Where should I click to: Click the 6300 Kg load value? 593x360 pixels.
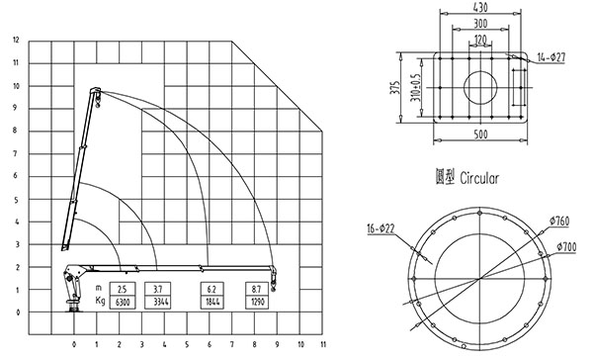(x=123, y=302)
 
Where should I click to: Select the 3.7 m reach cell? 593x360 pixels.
(x=158, y=289)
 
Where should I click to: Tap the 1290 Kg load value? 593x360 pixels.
(x=257, y=302)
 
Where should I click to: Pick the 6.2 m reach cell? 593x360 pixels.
(x=212, y=289)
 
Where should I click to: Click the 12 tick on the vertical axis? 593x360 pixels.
(x=16, y=40)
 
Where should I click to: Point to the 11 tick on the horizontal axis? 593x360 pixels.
(x=323, y=344)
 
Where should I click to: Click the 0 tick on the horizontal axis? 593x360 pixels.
(x=74, y=344)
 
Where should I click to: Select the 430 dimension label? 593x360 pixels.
(x=480, y=7)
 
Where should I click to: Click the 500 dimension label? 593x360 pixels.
(x=480, y=135)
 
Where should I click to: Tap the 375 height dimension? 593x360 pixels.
(x=395, y=88)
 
